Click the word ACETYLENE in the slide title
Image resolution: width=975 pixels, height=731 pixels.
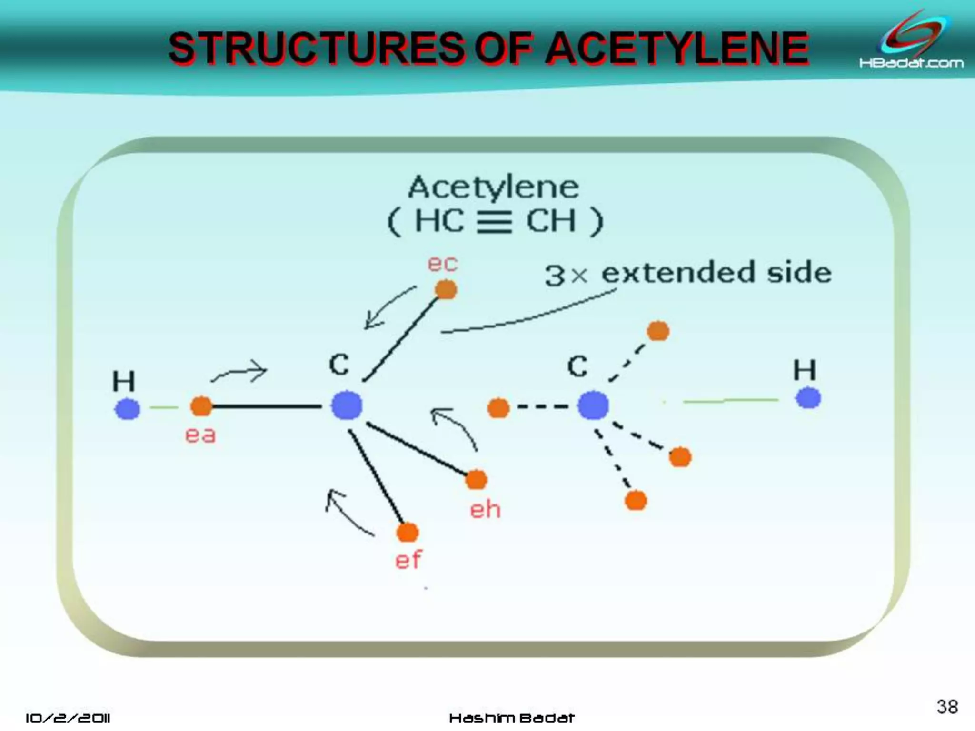click(677, 49)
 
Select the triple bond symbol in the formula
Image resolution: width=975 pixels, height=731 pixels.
click(495, 222)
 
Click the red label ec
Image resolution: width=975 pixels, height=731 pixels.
click(442, 263)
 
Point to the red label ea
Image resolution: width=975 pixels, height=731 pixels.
click(200, 435)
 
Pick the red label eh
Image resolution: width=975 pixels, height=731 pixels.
click(485, 510)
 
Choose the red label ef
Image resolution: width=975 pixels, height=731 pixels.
click(408, 559)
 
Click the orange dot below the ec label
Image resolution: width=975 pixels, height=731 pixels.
click(446, 289)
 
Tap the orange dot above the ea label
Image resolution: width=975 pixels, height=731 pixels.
click(201, 406)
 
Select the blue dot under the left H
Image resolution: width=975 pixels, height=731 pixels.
click(128, 409)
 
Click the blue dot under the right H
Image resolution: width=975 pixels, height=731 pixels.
click(808, 398)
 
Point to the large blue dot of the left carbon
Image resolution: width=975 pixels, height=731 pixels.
click(347, 405)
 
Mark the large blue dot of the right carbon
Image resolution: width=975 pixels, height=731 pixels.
click(593, 405)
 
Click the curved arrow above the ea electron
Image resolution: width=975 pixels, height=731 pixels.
click(239, 371)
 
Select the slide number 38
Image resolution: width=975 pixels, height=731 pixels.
click(947, 707)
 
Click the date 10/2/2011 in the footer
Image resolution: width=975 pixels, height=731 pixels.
click(68, 718)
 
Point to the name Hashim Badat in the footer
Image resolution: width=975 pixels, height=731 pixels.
click(512, 718)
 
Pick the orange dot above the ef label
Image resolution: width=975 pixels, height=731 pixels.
click(408, 533)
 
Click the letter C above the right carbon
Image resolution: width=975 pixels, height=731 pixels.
click(577, 366)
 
